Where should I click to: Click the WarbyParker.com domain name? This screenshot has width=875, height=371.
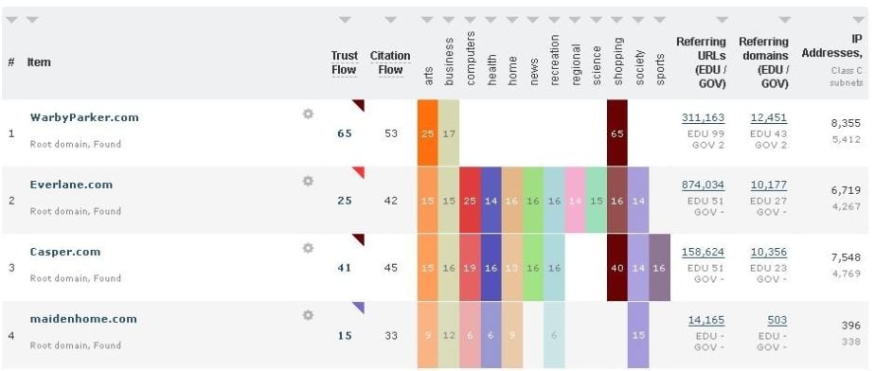(x=84, y=117)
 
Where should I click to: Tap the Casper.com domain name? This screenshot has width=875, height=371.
(x=65, y=252)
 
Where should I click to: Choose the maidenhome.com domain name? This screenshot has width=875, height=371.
(x=83, y=319)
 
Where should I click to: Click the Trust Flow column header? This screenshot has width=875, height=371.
(x=345, y=62)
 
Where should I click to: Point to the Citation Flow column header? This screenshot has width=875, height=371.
(x=389, y=62)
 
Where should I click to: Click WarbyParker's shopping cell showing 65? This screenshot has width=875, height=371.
(x=617, y=133)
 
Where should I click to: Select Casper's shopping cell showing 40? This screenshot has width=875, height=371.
(x=617, y=268)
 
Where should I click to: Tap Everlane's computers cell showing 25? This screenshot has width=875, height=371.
(x=470, y=201)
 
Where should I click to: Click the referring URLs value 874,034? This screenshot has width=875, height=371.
(x=703, y=185)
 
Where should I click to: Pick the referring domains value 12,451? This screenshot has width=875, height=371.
(x=768, y=117)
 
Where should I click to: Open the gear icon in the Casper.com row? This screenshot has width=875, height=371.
(x=308, y=248)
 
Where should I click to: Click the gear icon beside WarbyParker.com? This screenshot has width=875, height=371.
(x=308, y=114)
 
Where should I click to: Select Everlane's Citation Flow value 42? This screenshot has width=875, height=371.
(x=390, y=201)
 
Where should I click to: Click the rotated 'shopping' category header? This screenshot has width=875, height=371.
(x=617, y=61)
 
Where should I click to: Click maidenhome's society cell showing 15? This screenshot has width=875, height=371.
(x=638, y=335)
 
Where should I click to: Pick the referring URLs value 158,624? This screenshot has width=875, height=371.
(x=703, y=253)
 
